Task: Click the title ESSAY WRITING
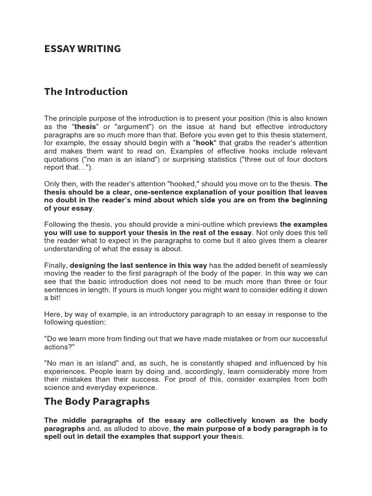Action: point(82,49)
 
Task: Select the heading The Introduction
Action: point(86,92)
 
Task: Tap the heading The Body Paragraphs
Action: point(97,401)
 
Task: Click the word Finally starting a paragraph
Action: point(56,265)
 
